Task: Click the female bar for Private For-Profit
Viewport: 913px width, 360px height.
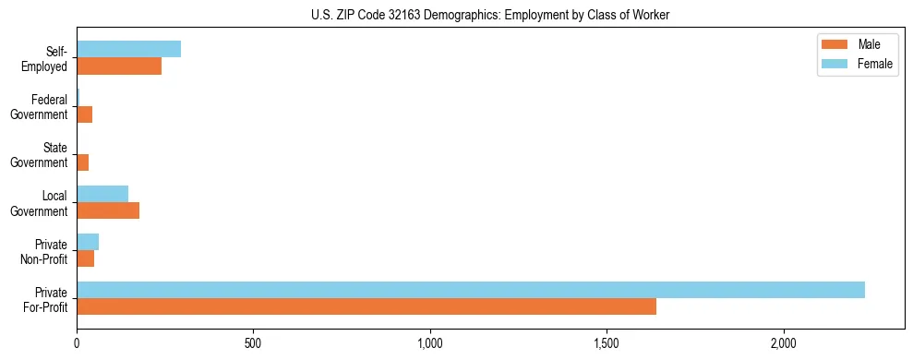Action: (x=471, y=290)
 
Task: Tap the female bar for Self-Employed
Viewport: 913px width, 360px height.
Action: (x=128, y=49)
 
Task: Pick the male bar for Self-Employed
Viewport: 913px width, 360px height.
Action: (x=119, y=66)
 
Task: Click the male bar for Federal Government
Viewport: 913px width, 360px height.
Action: (x=84, y=114)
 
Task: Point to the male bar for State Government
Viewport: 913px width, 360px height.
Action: (x=82, y=162)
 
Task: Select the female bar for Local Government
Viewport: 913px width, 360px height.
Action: (x=102, y=193)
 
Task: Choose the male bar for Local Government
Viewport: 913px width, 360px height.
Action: (x=108, y=210)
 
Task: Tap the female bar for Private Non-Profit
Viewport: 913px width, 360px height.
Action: (x=88, y=242)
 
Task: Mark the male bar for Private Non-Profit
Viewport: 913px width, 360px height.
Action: (x=85, y=258)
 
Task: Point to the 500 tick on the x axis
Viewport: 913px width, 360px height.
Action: (x=254, y=343)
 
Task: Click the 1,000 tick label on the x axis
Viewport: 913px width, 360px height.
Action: (x=430, y=343)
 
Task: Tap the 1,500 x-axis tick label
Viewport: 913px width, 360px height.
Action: (x=607, y=343)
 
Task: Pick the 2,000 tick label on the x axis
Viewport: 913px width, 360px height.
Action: (x=784, y=343)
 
